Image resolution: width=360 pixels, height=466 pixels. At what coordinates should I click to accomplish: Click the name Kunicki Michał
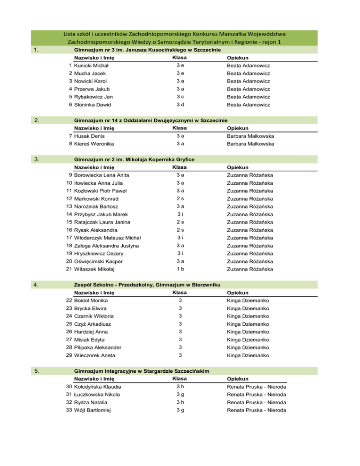click(x=91, y=66)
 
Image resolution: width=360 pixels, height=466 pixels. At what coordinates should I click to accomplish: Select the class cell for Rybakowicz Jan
click(x=180, y=97)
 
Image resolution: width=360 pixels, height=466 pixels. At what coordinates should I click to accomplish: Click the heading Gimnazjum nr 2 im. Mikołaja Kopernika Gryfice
click(x=134, y=159)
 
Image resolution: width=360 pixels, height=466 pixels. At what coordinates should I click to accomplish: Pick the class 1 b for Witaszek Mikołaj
click(x=180, y=269)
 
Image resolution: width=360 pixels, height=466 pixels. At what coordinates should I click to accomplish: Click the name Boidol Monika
click(x=91, y=300)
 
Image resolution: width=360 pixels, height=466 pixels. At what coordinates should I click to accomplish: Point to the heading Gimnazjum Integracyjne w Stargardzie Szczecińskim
click(x=142, y=370)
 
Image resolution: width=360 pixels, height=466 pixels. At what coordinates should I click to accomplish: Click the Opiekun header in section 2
click(x=237, y=128)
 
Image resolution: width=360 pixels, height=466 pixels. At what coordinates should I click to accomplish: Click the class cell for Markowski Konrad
click(x=180, y=199)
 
